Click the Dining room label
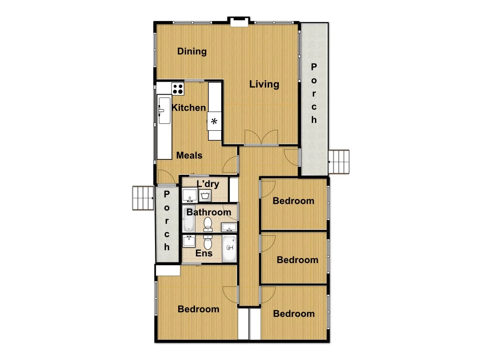[192, 52]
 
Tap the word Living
[264, 84]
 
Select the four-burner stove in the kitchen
[178, 88]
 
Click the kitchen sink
[164, 110]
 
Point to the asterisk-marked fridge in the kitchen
[215, 121]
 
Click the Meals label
[189, 155]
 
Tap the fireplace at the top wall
[239, 20]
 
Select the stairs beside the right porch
[339, 162]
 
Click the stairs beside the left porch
[143, 198]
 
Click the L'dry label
[208, 184]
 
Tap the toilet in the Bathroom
[209, 225]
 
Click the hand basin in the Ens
[189, 241]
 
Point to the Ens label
[204, 254]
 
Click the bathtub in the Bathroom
[188, 219]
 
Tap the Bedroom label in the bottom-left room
[198, 309]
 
